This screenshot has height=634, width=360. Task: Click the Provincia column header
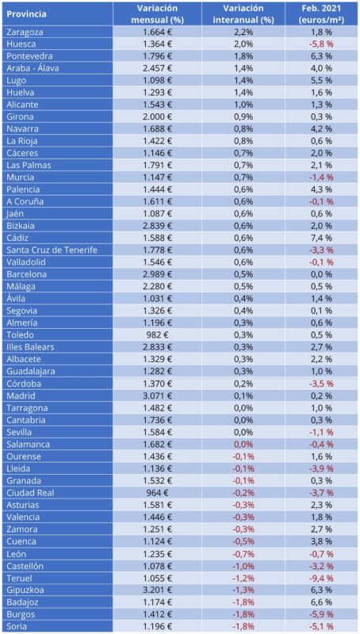pos(26,14)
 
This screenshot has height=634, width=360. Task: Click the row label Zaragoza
pos(25,32)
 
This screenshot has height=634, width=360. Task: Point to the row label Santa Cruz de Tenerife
pos(52,250)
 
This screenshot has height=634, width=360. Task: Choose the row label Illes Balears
pos(30,347)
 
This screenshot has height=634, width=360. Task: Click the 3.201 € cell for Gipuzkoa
pos(157,590)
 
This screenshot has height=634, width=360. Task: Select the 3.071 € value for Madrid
pos(157,395)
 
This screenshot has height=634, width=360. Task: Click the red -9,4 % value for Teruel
pos(323,578)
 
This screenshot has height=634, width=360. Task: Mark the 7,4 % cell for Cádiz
pos(323,239)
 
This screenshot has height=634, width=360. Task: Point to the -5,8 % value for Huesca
pos(323,44)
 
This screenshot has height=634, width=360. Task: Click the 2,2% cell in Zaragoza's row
pos(243,32)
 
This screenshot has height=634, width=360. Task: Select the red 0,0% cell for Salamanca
pos(243,445)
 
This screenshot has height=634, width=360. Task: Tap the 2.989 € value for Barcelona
pos(157,274)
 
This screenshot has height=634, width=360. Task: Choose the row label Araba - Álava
pos(33,68)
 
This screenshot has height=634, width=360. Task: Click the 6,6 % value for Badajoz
pos(323,602)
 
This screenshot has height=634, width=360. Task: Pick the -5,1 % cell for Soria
pos(323,626)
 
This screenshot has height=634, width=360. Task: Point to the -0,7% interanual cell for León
pos(243,553)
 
